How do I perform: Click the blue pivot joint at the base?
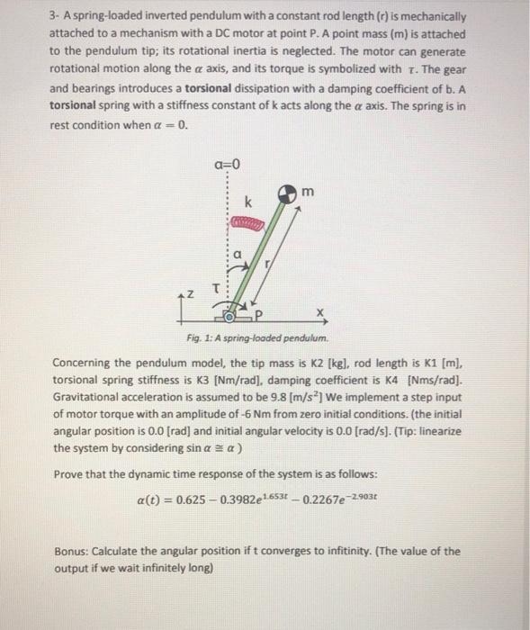229,317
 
